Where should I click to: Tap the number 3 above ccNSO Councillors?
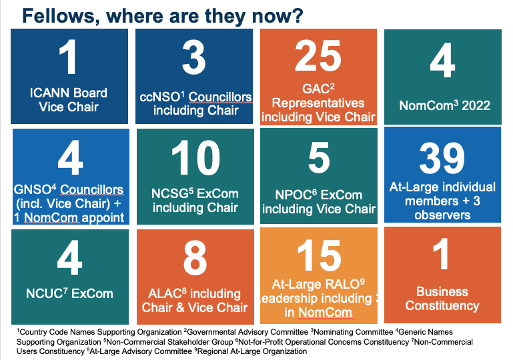(194, 58)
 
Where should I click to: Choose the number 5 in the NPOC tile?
(318, 159)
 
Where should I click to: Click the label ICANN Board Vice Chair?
(69, 99)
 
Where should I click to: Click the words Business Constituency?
(442, 299)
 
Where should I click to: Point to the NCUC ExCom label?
(68, 293)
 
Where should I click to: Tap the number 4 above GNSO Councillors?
(69, 159)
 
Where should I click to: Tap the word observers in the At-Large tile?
(442, 215)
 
